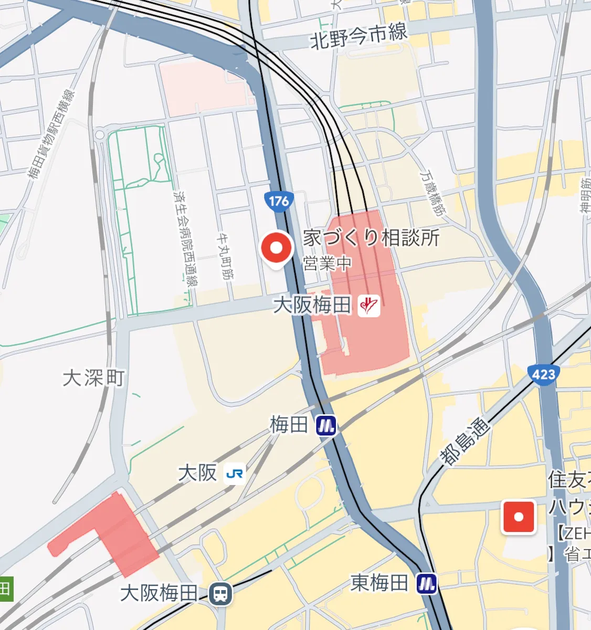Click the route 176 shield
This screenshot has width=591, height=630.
coord(279,201)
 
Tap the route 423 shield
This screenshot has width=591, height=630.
coord(543,374)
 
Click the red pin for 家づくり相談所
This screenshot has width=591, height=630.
coord(276,248)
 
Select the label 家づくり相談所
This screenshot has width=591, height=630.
coord(371,238)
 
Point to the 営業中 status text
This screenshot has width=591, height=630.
coord(326,263)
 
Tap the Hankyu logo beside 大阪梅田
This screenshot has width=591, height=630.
coord(368,304)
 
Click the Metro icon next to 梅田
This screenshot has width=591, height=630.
coord(326,425)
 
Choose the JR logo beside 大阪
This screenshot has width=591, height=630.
coord(234,474)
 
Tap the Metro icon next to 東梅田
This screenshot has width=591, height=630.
coord(427,583)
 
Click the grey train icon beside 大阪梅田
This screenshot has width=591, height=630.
coord(220,594)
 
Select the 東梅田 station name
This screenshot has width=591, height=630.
coord(379,582)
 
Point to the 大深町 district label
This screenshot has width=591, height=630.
coord(94,378)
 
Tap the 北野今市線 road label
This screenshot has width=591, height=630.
coord(358,37)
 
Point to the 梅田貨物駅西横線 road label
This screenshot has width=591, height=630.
coord(51,134)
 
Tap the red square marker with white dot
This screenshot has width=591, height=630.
coord(519,517)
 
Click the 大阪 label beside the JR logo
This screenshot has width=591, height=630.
coord(197,473)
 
